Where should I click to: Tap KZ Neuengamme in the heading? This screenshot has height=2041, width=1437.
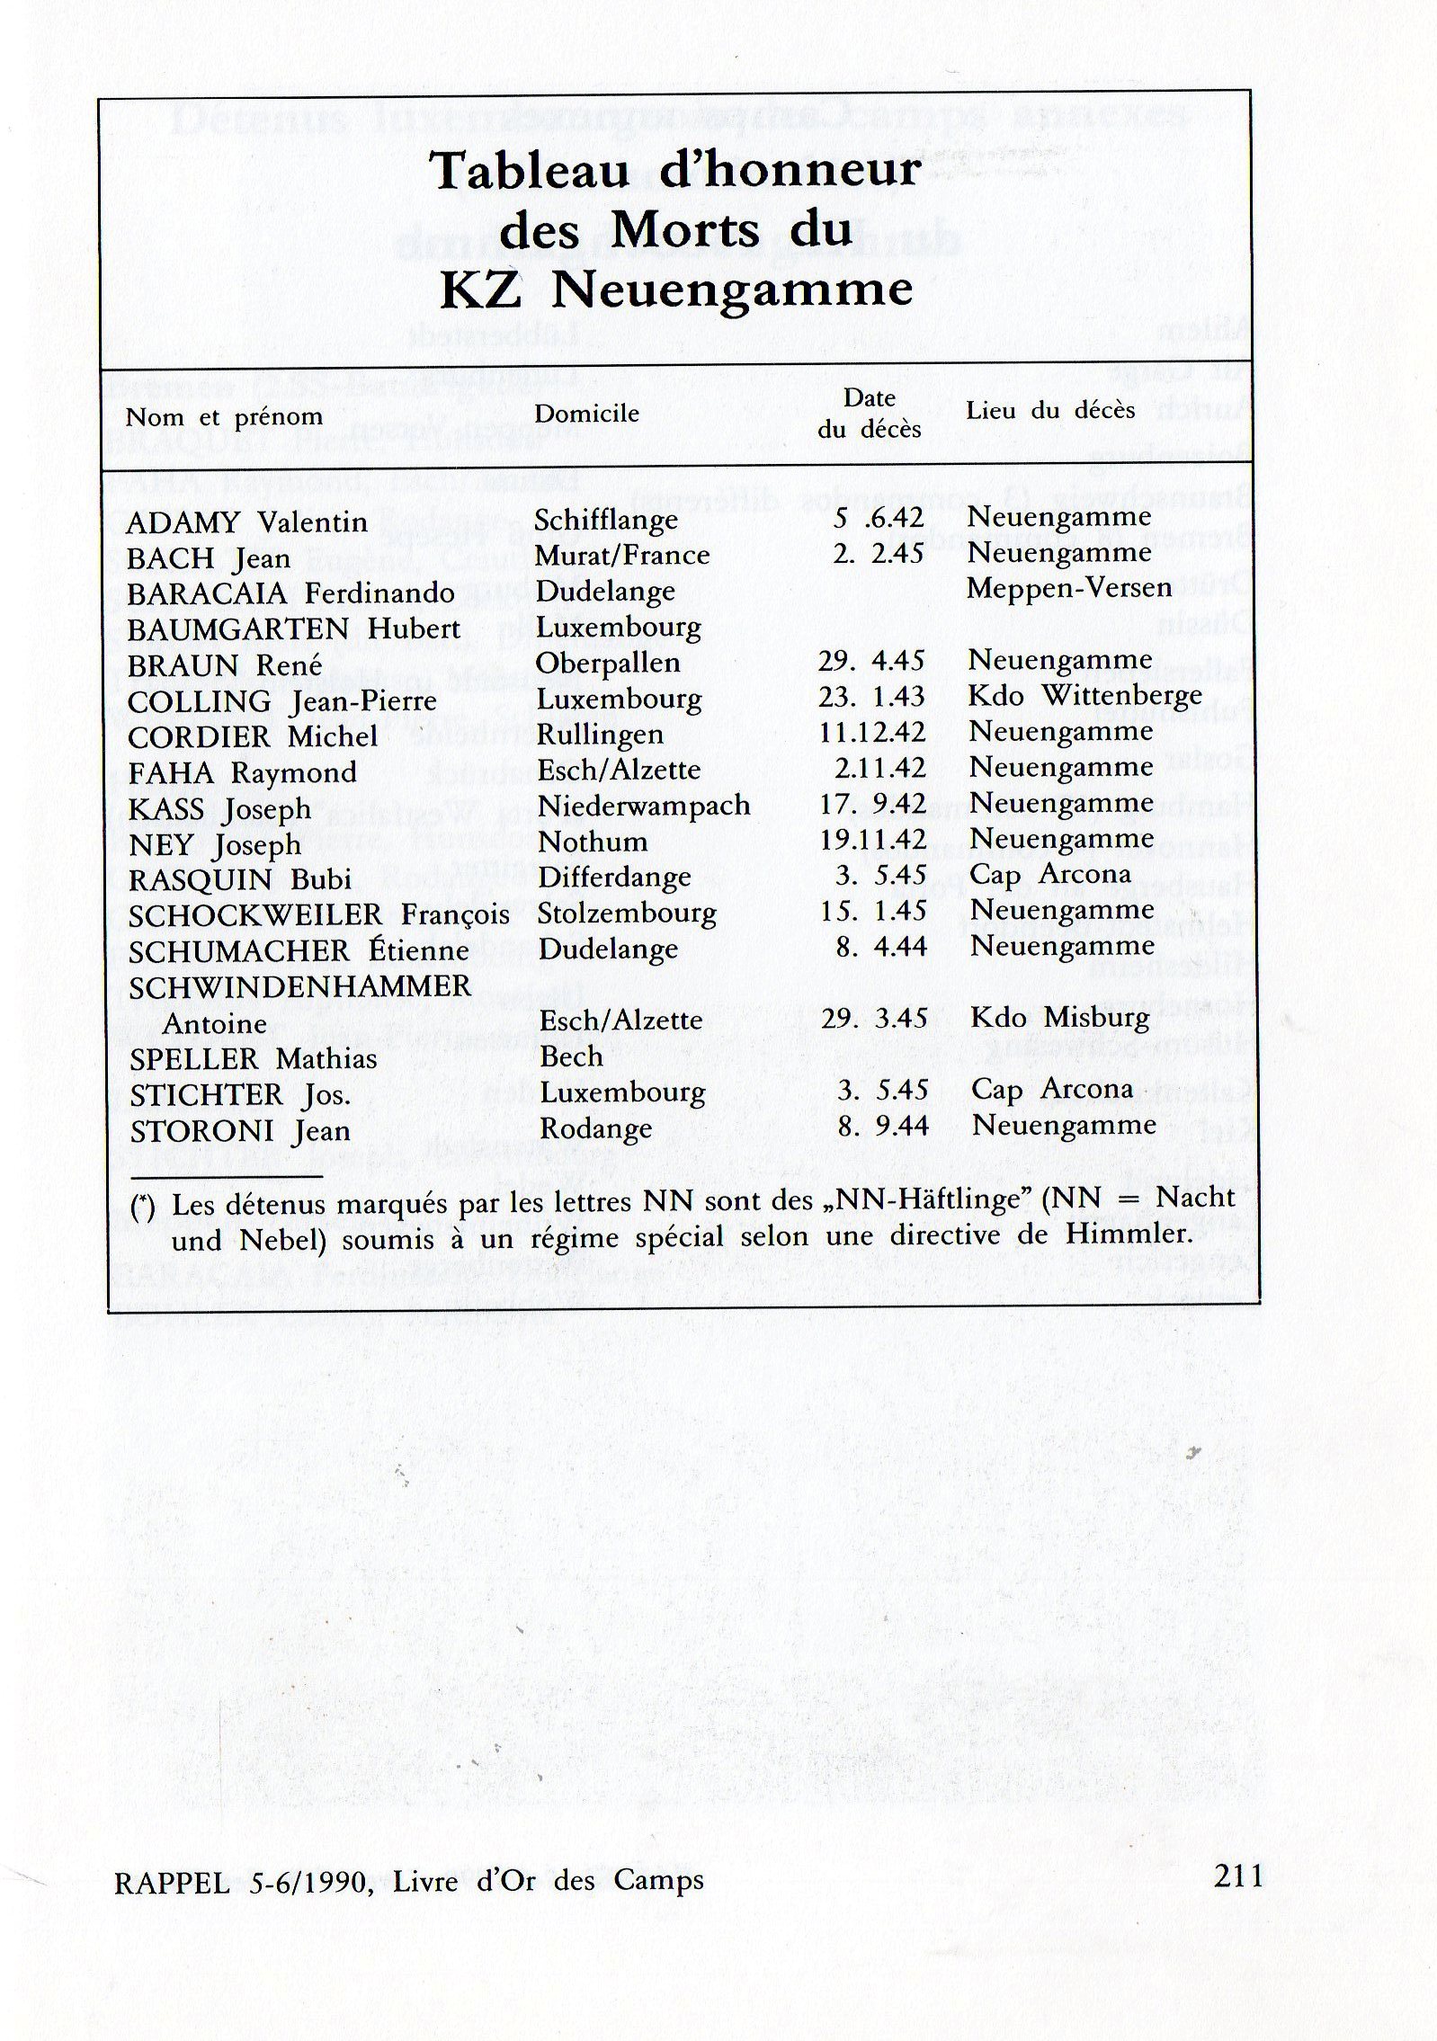pos(675,290)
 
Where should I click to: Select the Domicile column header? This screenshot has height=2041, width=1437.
pos(586,414)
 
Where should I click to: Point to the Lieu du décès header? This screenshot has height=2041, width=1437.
pos(1050,412)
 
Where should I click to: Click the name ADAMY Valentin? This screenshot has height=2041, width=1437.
pos(246,522)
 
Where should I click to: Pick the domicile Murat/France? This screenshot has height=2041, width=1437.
pos(621,556)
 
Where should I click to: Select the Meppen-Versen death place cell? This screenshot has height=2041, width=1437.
pos(1068,588)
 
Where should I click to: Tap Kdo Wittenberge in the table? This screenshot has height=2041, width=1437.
pos(1084,696)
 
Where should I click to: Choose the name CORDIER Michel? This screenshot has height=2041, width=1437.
pos(253,737)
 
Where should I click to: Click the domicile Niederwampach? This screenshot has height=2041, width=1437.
pos(644,806)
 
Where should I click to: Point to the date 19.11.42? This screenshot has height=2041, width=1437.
pos(872,839)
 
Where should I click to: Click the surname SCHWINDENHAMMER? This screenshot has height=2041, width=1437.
pos(299,986)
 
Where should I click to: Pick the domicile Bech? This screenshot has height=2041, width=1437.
pos(571,1056)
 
